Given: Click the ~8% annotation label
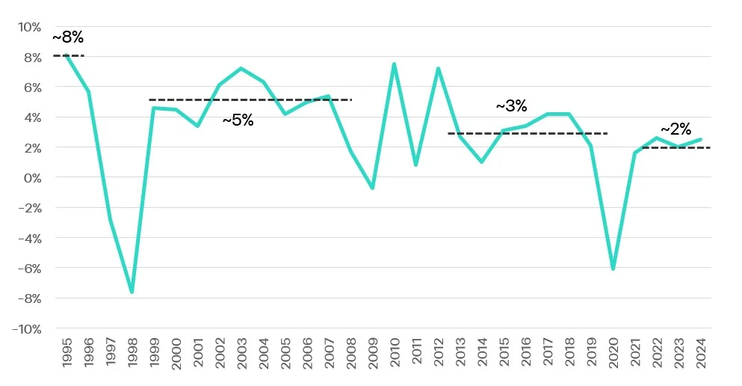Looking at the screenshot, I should pyautogui.click(x=68, y=38).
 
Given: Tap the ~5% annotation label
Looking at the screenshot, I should pyautogui.click(x=238, y=120).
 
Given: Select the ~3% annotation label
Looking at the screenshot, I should pyautogui.click(x=511, y=106).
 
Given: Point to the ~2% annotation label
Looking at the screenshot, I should pyautogui.click(x=675, y=129).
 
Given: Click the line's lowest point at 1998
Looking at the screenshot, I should pyautogui.click(x=132, y=292).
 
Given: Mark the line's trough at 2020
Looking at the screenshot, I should pyautogui.click(x=613, y=269).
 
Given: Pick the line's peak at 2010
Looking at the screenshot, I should pyautogui.click(x=394, y=64).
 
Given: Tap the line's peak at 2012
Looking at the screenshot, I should pyautogui.click(x=438, y=69).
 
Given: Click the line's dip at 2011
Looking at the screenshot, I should pyautogui.click(x=415, y=165).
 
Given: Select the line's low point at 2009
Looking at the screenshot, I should pyautogui.click(x=372, y=188).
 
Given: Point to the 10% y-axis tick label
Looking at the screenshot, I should pyautogui.click(x=29, y=27).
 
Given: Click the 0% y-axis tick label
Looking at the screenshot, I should pyautogui.click(x=32, y=178).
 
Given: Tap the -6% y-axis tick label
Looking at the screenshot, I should pyautogui.click(x=29, y=269).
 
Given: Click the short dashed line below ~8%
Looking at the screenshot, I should pyautogui.click(x=68, y=56).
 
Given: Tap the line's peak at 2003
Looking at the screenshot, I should pyautogui.click(x=241, y=69).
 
